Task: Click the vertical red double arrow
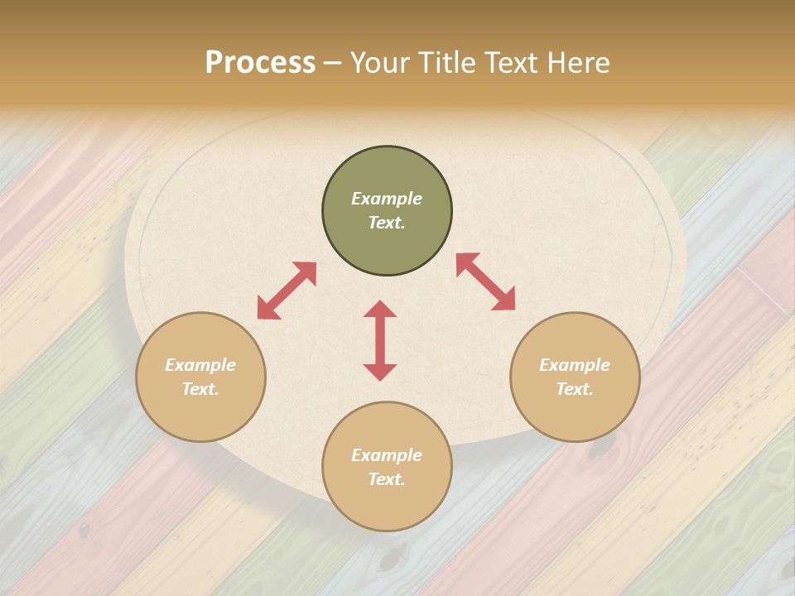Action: point(380,340)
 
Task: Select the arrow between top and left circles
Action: point(287,291)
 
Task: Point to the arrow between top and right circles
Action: point(485,281)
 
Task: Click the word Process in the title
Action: point(260,62)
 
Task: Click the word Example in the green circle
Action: point(387,199)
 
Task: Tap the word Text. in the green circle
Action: point(387,223)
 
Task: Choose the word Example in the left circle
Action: point(200,365)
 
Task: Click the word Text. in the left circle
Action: point(200,389)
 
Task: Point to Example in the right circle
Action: point(575,365)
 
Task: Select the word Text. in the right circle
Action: point(575,389)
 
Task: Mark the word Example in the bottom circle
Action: point(387,455)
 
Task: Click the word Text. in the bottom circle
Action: point(387,479)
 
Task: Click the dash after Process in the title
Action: point(333,63)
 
